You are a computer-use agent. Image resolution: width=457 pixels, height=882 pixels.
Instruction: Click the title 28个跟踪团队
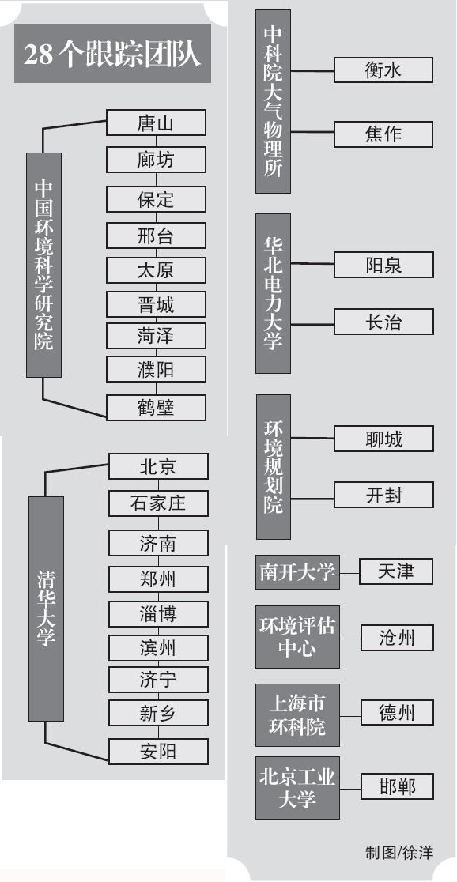click(112, 54)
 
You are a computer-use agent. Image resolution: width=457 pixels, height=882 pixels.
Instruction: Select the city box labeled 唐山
click(156, 122)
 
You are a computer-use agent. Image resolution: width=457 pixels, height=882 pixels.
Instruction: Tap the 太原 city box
click(156, 270)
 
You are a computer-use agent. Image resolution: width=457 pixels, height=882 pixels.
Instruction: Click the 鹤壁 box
click(156, 408)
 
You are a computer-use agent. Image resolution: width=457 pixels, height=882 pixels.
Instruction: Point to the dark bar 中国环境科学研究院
click(44, 265)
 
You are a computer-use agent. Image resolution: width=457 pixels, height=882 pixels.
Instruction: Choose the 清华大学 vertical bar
click(46, 609)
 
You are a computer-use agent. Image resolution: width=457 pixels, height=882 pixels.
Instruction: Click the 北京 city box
click(158, 466)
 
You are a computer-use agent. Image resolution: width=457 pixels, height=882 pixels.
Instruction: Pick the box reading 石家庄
click(158, 503)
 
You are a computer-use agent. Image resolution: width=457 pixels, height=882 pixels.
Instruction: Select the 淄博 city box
click(158, 614)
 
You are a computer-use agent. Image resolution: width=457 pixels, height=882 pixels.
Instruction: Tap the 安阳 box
click(158, 752)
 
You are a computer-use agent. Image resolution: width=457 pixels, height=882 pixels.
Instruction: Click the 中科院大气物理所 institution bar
click(274, 101)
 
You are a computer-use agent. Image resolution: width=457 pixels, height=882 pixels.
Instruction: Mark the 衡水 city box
click(383, 70)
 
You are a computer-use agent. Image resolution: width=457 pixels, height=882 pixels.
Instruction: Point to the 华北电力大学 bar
click(274, 293)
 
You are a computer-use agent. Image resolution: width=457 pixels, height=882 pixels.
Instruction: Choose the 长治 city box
click(383, 322)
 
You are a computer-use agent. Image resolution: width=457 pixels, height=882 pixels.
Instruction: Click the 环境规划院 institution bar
click(274, 467)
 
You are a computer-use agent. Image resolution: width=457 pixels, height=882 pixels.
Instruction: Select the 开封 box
click(383, 495)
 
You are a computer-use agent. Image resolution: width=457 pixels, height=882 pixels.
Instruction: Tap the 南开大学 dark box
click(298, 572)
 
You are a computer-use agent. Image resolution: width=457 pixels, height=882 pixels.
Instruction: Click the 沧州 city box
click(397, 638)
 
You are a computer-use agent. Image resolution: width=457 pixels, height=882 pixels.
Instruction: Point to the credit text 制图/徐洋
click(399, 852)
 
